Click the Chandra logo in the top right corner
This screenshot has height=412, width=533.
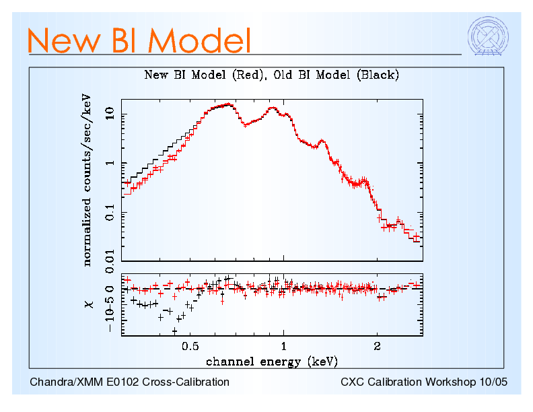[487, 35]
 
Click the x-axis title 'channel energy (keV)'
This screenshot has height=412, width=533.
[271, 362]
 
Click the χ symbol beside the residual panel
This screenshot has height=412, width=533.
[87, 304]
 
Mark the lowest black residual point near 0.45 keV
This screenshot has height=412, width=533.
[174, 331]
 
